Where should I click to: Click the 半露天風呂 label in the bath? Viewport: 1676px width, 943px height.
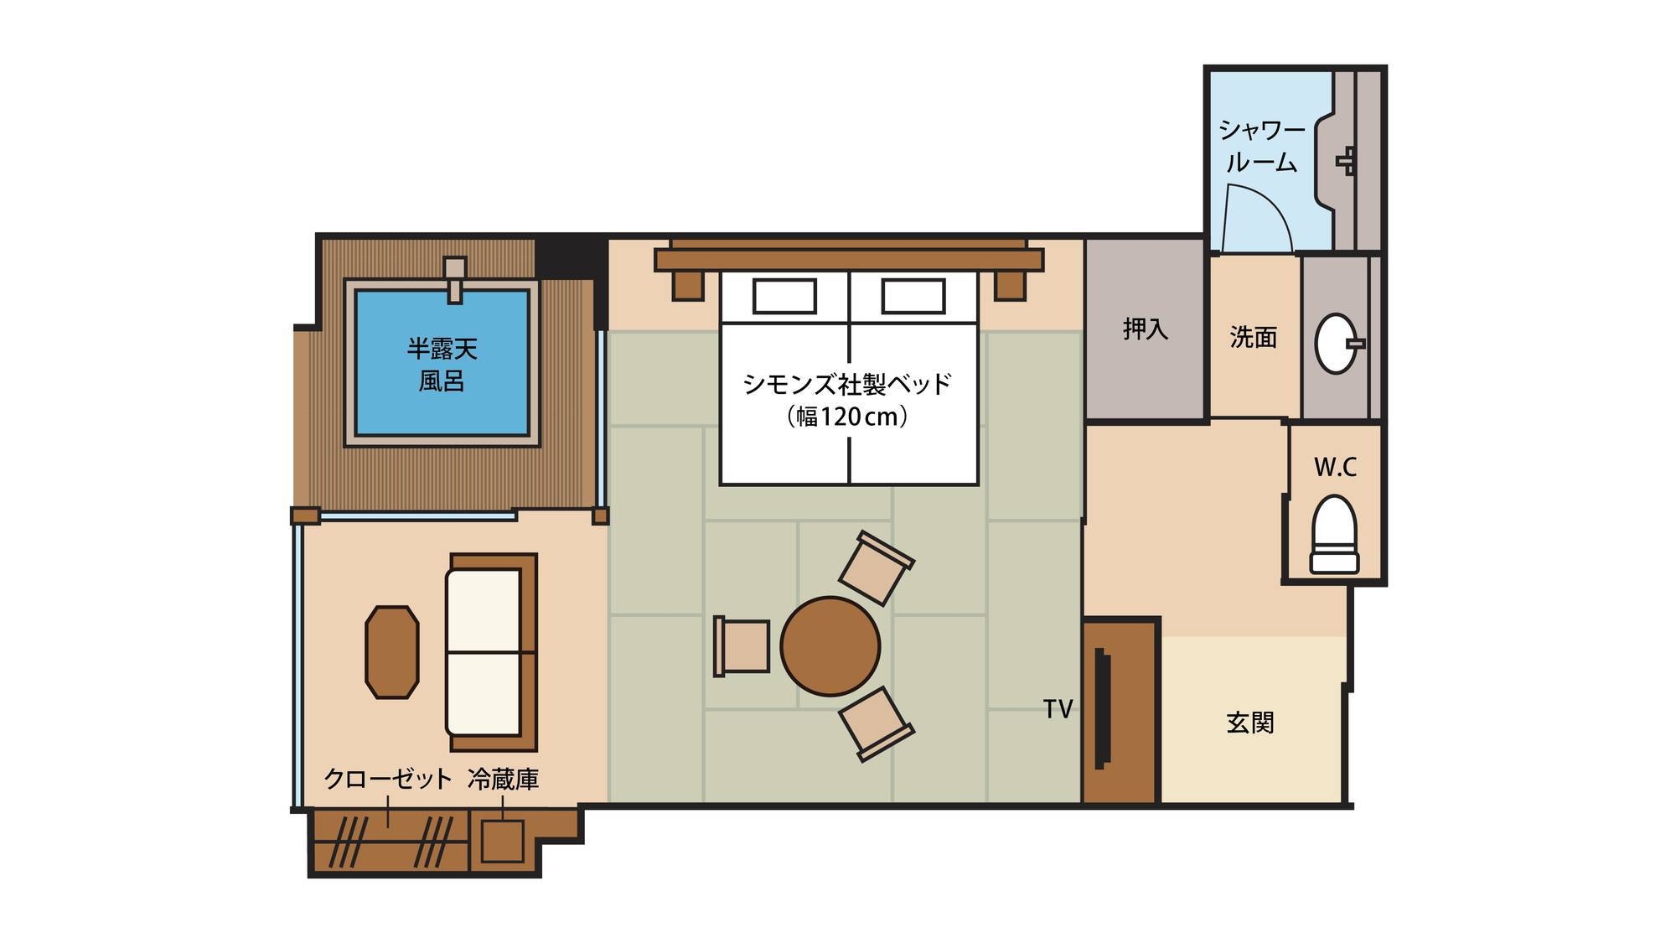[x=442, y=365]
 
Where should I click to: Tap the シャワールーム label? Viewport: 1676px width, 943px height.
[x=1261, y=146]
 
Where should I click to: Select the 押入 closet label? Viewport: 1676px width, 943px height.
[x=1146, y=329]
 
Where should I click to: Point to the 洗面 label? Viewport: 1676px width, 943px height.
[x=1254, y=337]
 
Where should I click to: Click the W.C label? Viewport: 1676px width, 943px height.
[x=1335, y=467]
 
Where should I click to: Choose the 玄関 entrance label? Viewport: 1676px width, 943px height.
[x=1250, y=723]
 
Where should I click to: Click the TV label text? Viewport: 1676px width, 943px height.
[x=1058, y=709]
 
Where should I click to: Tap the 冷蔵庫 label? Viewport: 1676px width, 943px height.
[x=503, y=779]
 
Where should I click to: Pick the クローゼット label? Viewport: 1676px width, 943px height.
[x=388, y=779]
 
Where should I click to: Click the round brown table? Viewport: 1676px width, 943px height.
[x=830, y=646]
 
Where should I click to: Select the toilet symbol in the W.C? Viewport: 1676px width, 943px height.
[x=1335, y=534]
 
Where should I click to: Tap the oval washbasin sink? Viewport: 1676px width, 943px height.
[x=1337, y=343]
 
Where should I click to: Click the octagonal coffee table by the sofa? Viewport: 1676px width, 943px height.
[x=392, y=652]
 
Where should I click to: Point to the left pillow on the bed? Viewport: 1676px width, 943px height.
[x=784, y=295]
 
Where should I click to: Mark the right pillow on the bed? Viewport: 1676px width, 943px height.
[x=913, y=295]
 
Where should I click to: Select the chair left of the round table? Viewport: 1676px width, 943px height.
[x=742, y=646]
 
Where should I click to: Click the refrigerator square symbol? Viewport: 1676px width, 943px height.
[x=502, y=841]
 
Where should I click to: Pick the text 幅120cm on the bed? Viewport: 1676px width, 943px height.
[x=847, y=417]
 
